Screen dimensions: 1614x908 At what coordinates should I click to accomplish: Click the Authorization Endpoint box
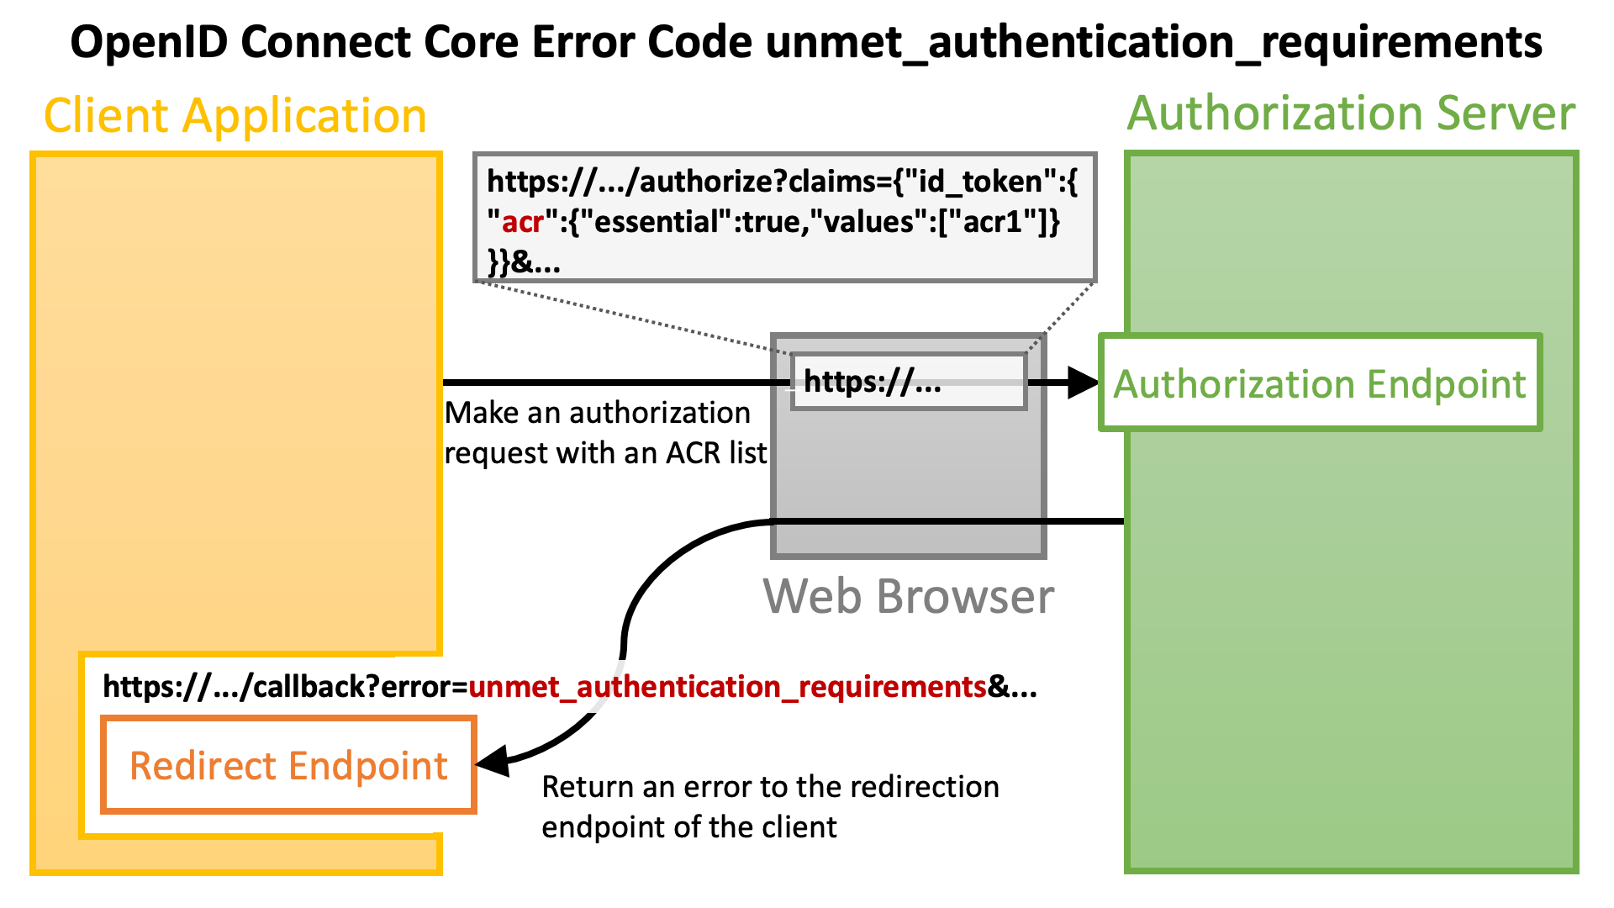(x=1320, y=383)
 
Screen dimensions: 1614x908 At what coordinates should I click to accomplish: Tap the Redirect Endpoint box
(x=288, y=764)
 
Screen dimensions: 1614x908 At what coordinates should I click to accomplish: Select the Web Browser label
(x=908, y=596)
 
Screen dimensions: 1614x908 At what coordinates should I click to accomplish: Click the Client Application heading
(x=235, y=115)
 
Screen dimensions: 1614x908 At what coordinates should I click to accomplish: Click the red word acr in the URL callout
(x=523, y=222)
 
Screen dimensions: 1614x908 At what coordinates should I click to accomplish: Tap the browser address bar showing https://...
(x=909, y=382)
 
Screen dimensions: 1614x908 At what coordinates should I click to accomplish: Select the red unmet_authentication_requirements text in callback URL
(x=728, y=688)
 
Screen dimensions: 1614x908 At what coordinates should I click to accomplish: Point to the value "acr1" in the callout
(x=990, y=222)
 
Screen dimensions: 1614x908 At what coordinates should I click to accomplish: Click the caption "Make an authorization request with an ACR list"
(x=605, y=433)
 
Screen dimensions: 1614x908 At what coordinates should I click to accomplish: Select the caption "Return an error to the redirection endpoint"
(x=771, y=807)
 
